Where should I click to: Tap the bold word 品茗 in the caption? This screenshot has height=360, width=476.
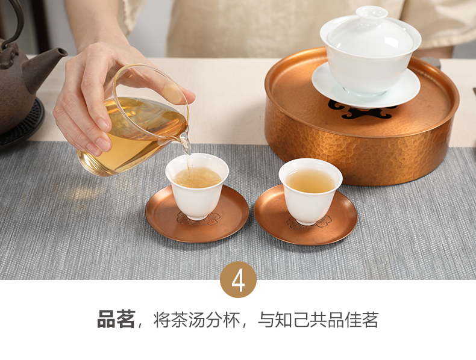tap(116, 319)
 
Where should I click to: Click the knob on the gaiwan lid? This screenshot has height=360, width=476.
tap(372, 13)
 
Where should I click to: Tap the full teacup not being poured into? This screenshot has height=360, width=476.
tap(310, 191)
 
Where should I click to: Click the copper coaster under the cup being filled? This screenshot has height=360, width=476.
tap(197, 214)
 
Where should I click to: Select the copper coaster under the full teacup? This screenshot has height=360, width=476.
tap(305, 216)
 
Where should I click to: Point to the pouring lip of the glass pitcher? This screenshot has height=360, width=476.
tap(184, 138)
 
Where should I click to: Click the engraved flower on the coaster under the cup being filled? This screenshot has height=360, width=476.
tap(199, 219)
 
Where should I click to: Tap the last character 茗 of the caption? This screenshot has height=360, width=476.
tap(369, 320)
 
